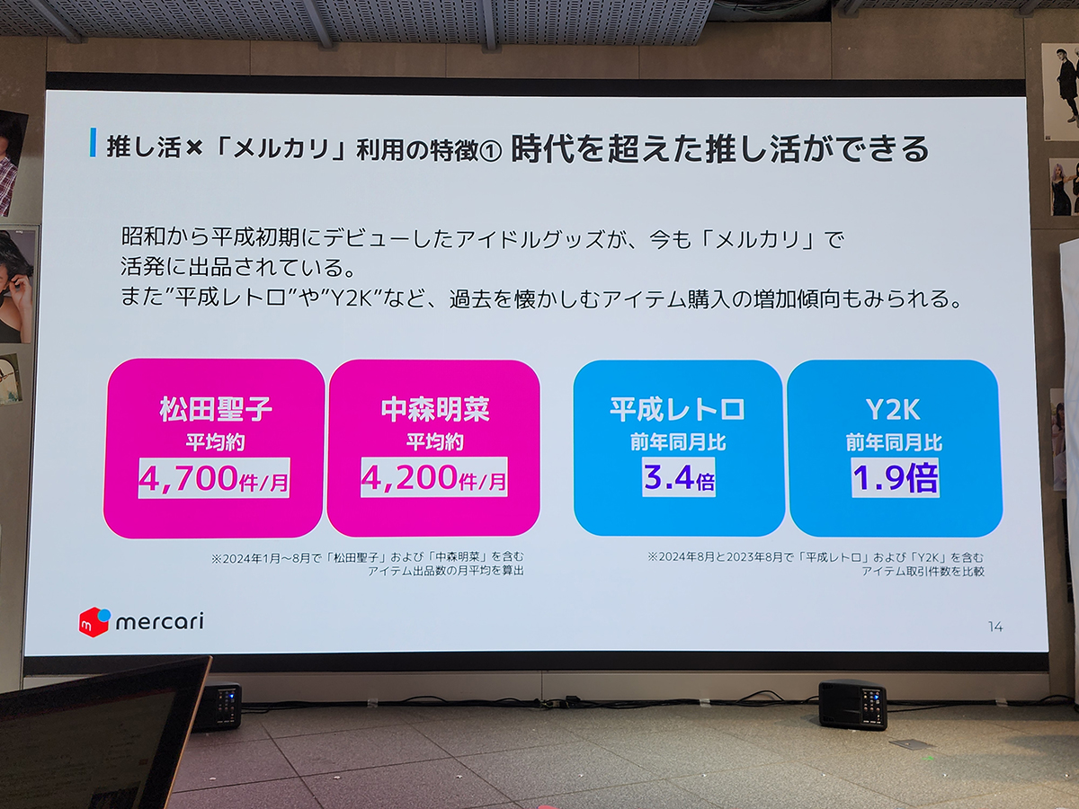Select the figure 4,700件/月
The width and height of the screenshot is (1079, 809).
[x=214, y=478]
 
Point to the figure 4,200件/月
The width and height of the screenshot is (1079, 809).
[x=434, y=478]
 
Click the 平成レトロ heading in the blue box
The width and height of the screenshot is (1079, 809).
[x=678, y=409]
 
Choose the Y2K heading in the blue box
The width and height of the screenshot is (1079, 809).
[x=894, y=409]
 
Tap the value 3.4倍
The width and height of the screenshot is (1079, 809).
[x=679, y=477]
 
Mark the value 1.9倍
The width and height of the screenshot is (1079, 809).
[x=895, y=477]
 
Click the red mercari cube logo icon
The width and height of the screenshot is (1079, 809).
[x=94, y=621]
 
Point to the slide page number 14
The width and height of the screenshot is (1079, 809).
[x=994, y=627]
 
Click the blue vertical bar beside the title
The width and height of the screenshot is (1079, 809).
[x=93, y=144]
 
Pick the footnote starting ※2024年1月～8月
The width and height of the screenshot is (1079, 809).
[x=368, y=565]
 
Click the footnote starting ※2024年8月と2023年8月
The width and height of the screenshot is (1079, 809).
[x=816, y=565]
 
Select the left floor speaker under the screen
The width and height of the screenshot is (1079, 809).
[x=218, y=706]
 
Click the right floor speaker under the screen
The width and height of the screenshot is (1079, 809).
[x=852, y=704]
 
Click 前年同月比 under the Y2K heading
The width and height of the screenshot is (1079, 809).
[x=894, y=442]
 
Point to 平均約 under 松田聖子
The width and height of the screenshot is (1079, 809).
[x=214, y=442]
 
